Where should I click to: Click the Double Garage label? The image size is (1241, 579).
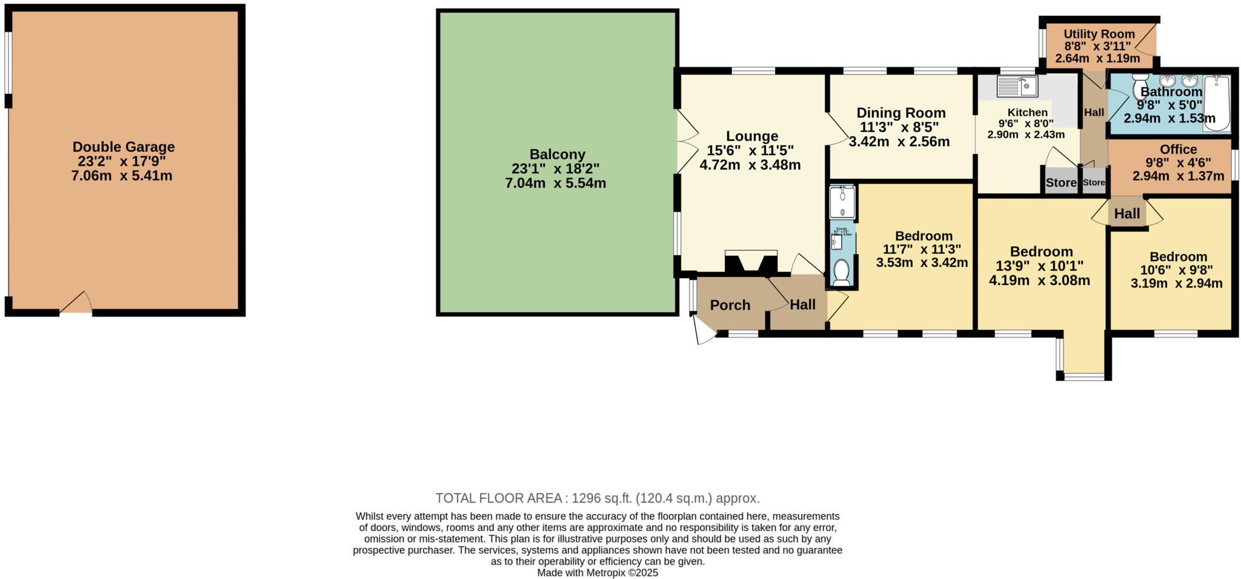[x=124, y=147]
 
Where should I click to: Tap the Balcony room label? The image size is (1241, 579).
[x=557, y=155]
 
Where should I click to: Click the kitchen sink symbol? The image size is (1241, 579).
[x=1017, y=86]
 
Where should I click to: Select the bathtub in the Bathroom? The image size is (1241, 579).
[x=1216, y=103]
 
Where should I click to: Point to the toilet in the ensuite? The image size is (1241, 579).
[x=841, y=272]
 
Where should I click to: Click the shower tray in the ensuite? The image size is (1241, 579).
[x=842, y=202]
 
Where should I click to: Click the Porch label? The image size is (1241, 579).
[x=730, y=305]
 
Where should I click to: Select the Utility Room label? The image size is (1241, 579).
[x=1099, y=34]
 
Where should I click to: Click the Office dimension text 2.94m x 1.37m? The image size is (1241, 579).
[x=1178, y=176]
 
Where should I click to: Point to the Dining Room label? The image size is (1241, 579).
[x=900, y=113]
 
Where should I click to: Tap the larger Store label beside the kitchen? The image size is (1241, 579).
[x=1061, y=182]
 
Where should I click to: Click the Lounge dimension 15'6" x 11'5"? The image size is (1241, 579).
[x=750, y=150]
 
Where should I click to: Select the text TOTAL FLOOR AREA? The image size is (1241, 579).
[x=501, y=498]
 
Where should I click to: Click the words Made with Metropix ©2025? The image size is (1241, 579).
[x=597, y=572]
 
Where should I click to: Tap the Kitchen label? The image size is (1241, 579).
[x=1027, y=112]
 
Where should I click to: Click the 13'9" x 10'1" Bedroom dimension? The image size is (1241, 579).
[x=1040, y=266]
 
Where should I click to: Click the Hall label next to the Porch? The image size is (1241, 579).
[x=802, y=305]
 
